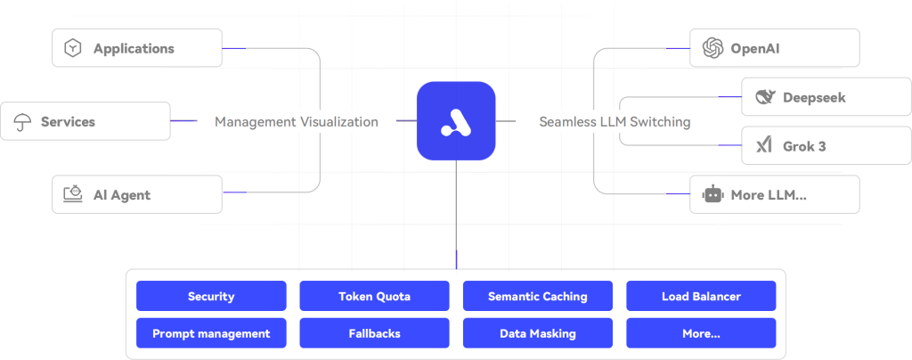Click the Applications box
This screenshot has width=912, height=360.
(x=137, y=48)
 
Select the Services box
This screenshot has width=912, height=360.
(x=85, y=121)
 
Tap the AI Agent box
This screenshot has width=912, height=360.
(x=137, y=194)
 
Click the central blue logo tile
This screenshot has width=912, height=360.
(x=455, y=121)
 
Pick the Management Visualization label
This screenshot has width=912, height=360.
(x=296, y=122)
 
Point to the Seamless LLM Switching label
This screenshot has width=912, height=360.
(x=615, y=122)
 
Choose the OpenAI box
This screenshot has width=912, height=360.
(x=774, y=48)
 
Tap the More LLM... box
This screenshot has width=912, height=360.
(x=774, y=194)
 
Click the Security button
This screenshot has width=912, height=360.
(x=211, y=296)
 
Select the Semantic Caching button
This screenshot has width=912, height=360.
(x=538, y=296)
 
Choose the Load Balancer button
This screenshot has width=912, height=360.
(x=701, y=296)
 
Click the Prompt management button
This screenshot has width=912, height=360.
(x=211, y=333)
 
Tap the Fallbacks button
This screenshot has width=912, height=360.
(x=374, y=333)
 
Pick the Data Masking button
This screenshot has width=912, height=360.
(x=538, y=333)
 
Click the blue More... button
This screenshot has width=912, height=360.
(x=701, y=333)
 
